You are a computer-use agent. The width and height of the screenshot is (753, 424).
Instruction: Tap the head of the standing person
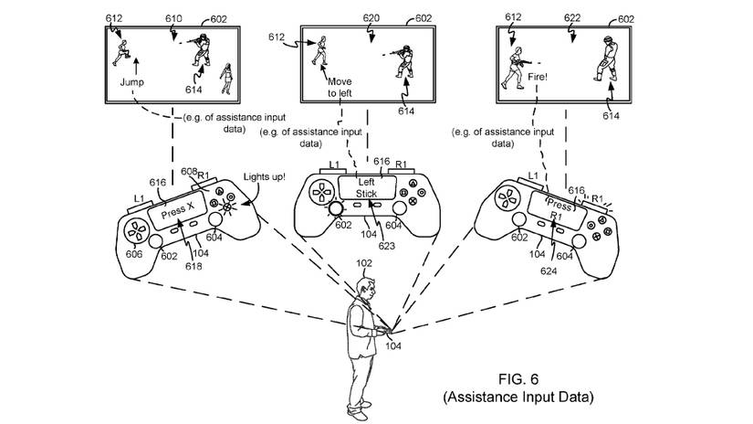pos(363,291)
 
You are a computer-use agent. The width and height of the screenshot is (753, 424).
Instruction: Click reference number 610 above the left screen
pos(173,17)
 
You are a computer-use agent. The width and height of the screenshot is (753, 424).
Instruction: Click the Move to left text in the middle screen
pos(340,87)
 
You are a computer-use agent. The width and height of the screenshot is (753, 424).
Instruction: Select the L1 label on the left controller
pos(139,197)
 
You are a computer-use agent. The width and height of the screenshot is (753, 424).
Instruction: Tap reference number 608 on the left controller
pos(188,172)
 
